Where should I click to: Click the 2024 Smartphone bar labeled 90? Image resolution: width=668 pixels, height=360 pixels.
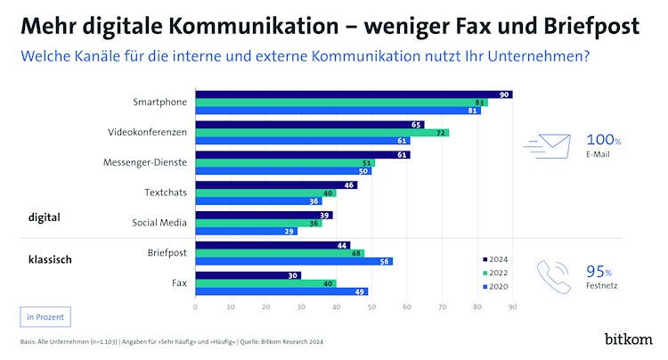tap(354, 94)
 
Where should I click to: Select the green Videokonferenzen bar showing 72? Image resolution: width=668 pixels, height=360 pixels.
tap(322, 133)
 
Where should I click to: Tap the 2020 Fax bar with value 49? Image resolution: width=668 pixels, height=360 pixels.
tap(281, 291)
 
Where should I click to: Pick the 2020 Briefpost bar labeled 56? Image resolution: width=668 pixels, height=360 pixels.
tap(294, 261)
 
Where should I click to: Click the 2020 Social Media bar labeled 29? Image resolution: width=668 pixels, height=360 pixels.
tap(246, 232)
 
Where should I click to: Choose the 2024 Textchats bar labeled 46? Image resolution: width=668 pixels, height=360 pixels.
tap(276, 184)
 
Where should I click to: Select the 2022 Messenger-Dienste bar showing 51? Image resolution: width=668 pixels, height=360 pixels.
tap(285, 163)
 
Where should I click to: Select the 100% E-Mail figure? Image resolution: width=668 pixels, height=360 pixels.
tap(603, 145)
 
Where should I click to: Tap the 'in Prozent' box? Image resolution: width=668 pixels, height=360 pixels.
tap(43, 315)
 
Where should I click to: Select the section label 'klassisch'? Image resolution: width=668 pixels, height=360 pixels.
tap(49, 260)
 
